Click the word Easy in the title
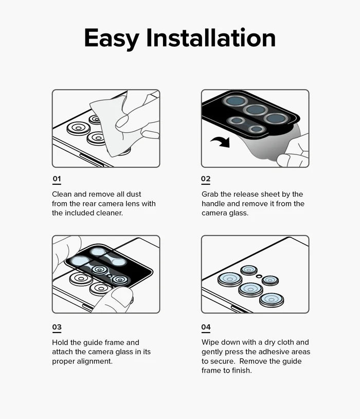pyautogui.click(x=111, y=39)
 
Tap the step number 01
pyautogui.click(x=57, y=179)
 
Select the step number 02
pyautogui.click(x=206, y=179)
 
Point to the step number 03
pyautogui.click(x=57, y=327)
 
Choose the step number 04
pyautogui.click(x=206, y=327)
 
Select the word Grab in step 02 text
pyautogui.click(x=211, y=194)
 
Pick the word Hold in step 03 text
pyautogui.click(x=61, y=342)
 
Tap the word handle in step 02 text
pyautogui.click(x=214, y=204)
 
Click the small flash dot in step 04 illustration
pyautogui.click(x=259, y=276)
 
